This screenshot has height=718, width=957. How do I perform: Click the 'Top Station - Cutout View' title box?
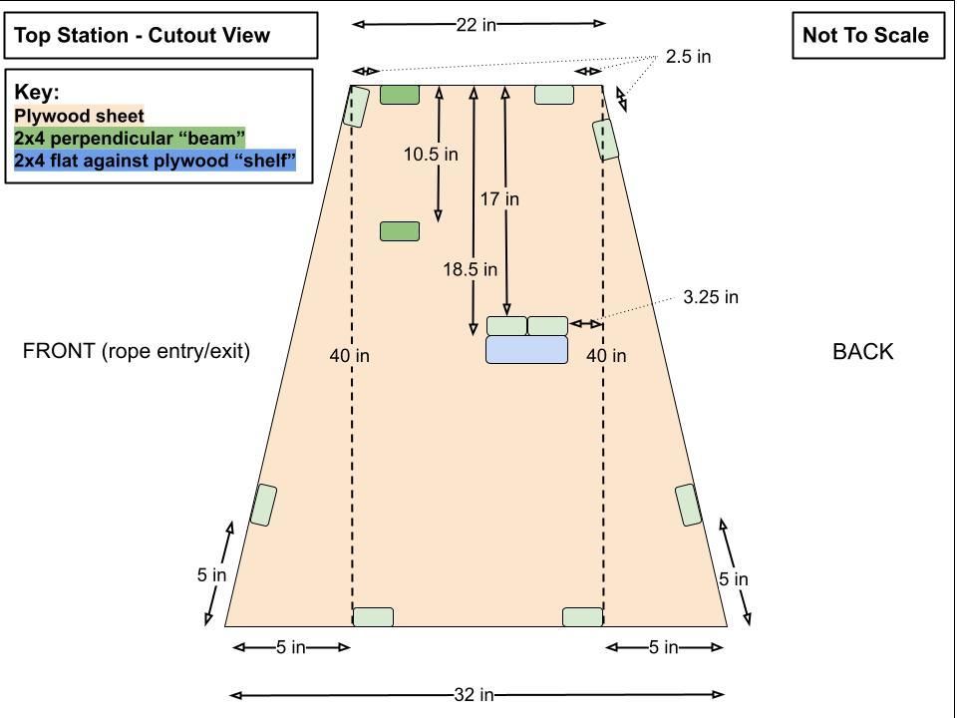coord(161,36)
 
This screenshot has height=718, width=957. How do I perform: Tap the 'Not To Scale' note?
coord(868,36)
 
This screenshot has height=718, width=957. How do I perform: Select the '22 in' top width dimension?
coord(477,24)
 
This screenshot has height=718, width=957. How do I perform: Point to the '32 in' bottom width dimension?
coord(475,695)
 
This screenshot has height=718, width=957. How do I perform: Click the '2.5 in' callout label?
coord(689,57)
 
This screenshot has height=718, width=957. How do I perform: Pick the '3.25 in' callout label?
coord(711,297)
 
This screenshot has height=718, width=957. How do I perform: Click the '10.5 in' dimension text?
coord(431,155)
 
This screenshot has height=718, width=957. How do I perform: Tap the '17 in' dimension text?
coord(499,199)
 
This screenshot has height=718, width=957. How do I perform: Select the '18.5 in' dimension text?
coord(470,269)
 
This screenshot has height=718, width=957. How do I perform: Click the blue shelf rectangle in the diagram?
coord(526,350)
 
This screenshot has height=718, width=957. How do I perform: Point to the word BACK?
coord(863,352)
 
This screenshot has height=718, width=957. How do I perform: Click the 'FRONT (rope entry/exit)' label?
coord(137,351)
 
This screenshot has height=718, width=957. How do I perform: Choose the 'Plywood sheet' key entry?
coord(79,116)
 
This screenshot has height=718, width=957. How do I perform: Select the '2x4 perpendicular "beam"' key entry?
coord(130,138)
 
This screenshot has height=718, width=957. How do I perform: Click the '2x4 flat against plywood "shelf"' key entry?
coord(156,161)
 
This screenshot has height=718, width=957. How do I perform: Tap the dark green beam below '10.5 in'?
coord(400,231)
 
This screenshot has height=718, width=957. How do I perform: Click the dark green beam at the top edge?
coord(400,95)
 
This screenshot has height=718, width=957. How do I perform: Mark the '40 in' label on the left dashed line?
coord(349,356)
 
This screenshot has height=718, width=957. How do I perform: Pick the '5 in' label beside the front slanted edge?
coord(211,575)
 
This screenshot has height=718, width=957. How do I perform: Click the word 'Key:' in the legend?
coord(37,92)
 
